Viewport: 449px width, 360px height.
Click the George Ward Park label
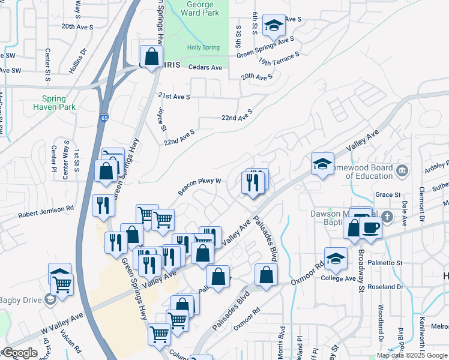[199, 8]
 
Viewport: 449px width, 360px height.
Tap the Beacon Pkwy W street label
[199, 186]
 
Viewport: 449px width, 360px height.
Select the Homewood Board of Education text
[360, 172]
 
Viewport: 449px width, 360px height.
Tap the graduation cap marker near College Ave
[336, 257]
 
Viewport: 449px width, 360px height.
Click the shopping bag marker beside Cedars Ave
[152, 56]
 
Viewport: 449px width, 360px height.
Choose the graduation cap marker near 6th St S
[274, 25]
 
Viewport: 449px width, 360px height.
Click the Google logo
[20, 353]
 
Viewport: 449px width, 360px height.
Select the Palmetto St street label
[386, 263]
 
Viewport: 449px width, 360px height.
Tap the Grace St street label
[387, 194]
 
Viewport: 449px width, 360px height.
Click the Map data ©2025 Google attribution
[412, 355]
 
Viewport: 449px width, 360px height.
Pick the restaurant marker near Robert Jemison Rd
[103, 205]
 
